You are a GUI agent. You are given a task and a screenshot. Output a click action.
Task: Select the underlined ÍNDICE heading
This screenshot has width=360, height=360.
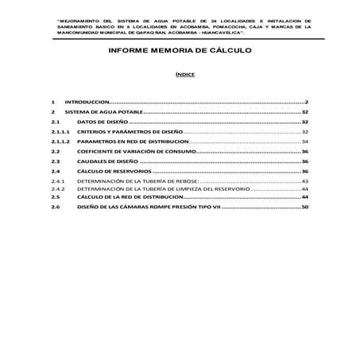pyautogui.click(x=180, y=74)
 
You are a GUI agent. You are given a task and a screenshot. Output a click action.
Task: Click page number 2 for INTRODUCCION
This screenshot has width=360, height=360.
pyautogui.click(x=306, y=103)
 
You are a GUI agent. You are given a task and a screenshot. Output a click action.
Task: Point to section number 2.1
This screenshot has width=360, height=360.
pyautogui.click(x=56, y=123)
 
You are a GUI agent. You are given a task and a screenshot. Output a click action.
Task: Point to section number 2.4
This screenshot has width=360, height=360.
pyautogui.click(x=56, y=172)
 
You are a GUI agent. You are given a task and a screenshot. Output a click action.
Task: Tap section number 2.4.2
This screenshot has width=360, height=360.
pyautogui.click(x=57, y=189)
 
